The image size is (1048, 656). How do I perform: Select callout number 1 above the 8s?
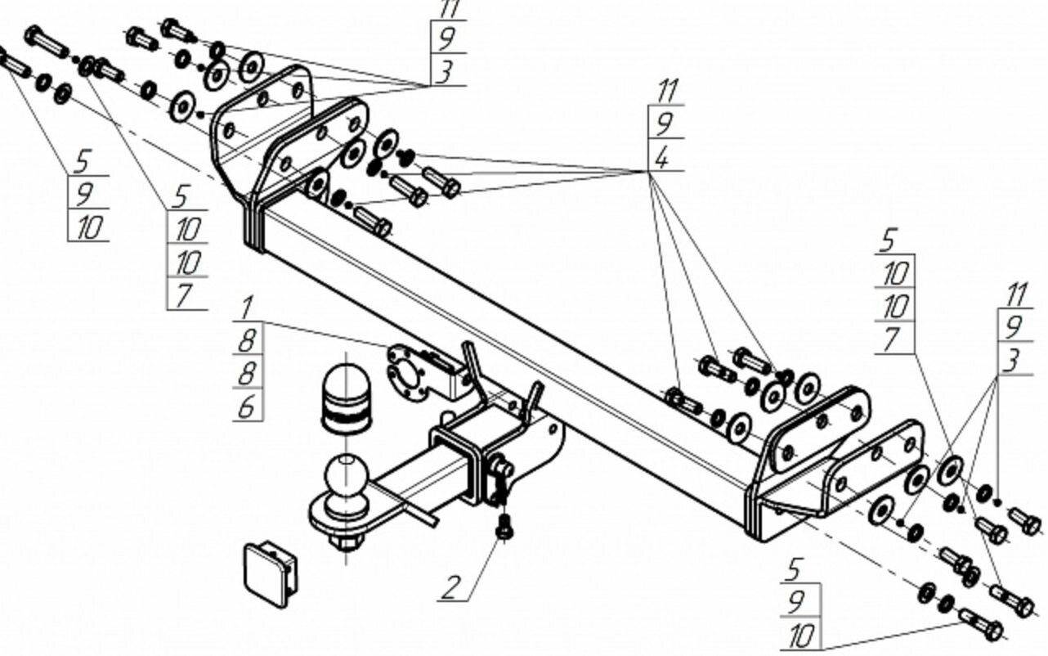(247, 308)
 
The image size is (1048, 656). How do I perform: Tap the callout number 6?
(247, 406)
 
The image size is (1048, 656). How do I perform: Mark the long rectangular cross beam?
(507, 344)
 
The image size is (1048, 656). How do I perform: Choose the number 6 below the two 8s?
(247, 406)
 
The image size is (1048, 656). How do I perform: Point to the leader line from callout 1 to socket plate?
(327, 334)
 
